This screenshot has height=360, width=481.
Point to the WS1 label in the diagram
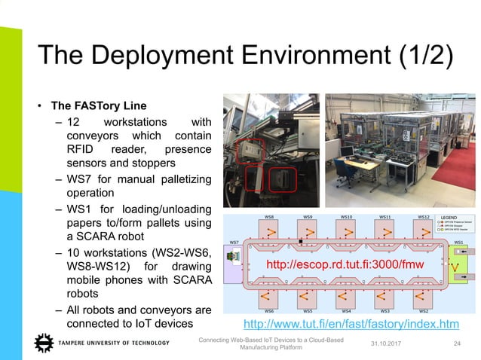(x=458, y=242)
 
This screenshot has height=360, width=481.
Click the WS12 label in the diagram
(x=424, y=217)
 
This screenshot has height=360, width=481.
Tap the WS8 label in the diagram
(x=268, y=217)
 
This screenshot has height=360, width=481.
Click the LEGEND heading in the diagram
(x=451, y=217)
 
